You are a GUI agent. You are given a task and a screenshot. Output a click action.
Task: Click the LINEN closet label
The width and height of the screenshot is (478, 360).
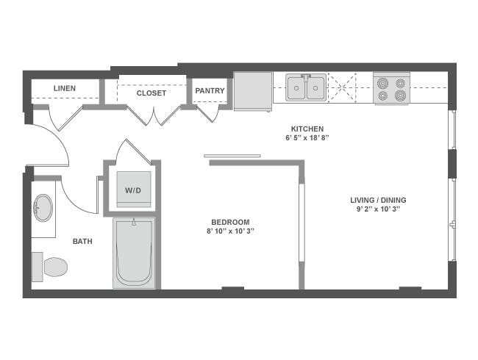click(65, 89)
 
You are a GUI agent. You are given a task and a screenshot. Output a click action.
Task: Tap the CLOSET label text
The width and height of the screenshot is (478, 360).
click(151, 93)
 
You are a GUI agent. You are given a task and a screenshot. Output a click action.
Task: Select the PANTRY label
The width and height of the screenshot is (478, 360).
click(210, 91)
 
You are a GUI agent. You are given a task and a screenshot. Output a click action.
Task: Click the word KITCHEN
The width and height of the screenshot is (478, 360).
click(307, 129)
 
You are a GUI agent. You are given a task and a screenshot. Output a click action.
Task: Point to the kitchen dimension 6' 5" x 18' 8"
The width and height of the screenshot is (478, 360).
click(307, 137)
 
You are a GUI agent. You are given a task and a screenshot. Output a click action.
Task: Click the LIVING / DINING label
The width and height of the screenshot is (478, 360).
click(378, 200)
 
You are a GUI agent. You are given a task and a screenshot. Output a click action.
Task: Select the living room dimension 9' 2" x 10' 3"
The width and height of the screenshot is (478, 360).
click(378, 209)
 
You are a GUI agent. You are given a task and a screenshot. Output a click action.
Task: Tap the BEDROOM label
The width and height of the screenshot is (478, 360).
click(230, 222)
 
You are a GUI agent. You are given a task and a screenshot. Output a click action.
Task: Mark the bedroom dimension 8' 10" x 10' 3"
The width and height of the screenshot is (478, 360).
click(230, 231)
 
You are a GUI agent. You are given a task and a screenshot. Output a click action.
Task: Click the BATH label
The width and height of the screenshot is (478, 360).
click(82, 241)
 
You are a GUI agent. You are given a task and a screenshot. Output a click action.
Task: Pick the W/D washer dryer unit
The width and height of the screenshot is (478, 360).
click(132, 190)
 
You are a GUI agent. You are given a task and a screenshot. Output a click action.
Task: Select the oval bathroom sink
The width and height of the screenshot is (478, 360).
click(43, 208)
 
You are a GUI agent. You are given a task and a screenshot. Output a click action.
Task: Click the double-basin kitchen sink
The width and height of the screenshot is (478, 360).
click(306, 89)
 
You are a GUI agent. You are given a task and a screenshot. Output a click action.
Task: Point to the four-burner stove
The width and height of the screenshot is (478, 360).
click(391, 88)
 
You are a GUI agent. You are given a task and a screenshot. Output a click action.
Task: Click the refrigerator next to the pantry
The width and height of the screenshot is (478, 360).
click(253, 90)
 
